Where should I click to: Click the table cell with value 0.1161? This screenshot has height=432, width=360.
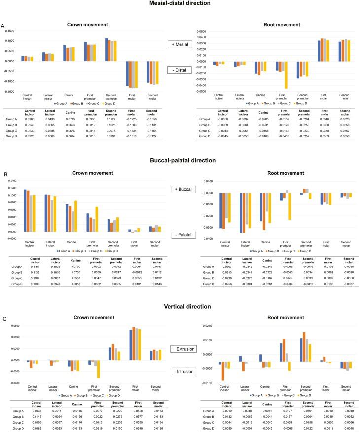tap(36, 266)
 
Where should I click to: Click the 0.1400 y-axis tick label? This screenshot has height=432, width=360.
tap(9, 181)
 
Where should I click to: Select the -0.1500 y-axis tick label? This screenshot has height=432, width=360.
tap(9, 92)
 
